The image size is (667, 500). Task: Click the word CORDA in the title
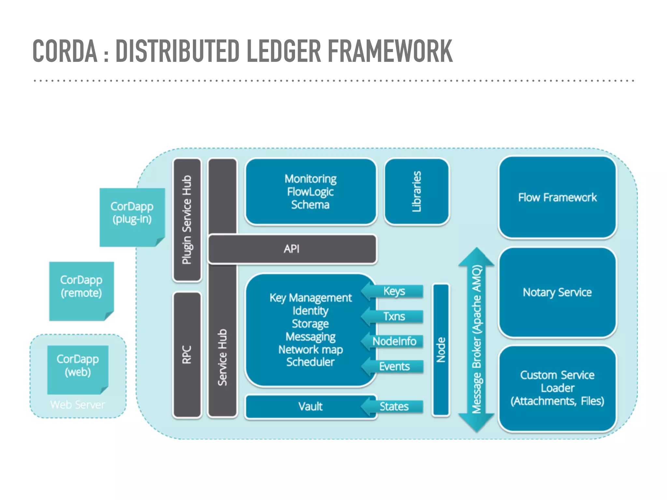65,51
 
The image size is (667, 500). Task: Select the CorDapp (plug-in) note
132,216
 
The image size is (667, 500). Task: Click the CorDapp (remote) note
81,290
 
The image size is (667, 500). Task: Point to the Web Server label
78,405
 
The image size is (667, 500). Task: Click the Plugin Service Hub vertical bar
187,220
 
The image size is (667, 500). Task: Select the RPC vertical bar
187,355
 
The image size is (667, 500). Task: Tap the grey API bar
291,249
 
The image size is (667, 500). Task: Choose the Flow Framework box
557,197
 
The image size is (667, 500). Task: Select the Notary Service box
557,292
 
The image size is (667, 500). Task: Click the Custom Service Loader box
557,388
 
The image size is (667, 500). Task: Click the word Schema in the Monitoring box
310,205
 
